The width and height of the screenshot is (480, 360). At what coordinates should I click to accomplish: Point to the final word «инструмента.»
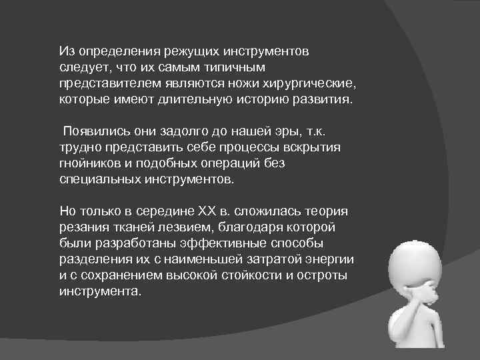(100, 292)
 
